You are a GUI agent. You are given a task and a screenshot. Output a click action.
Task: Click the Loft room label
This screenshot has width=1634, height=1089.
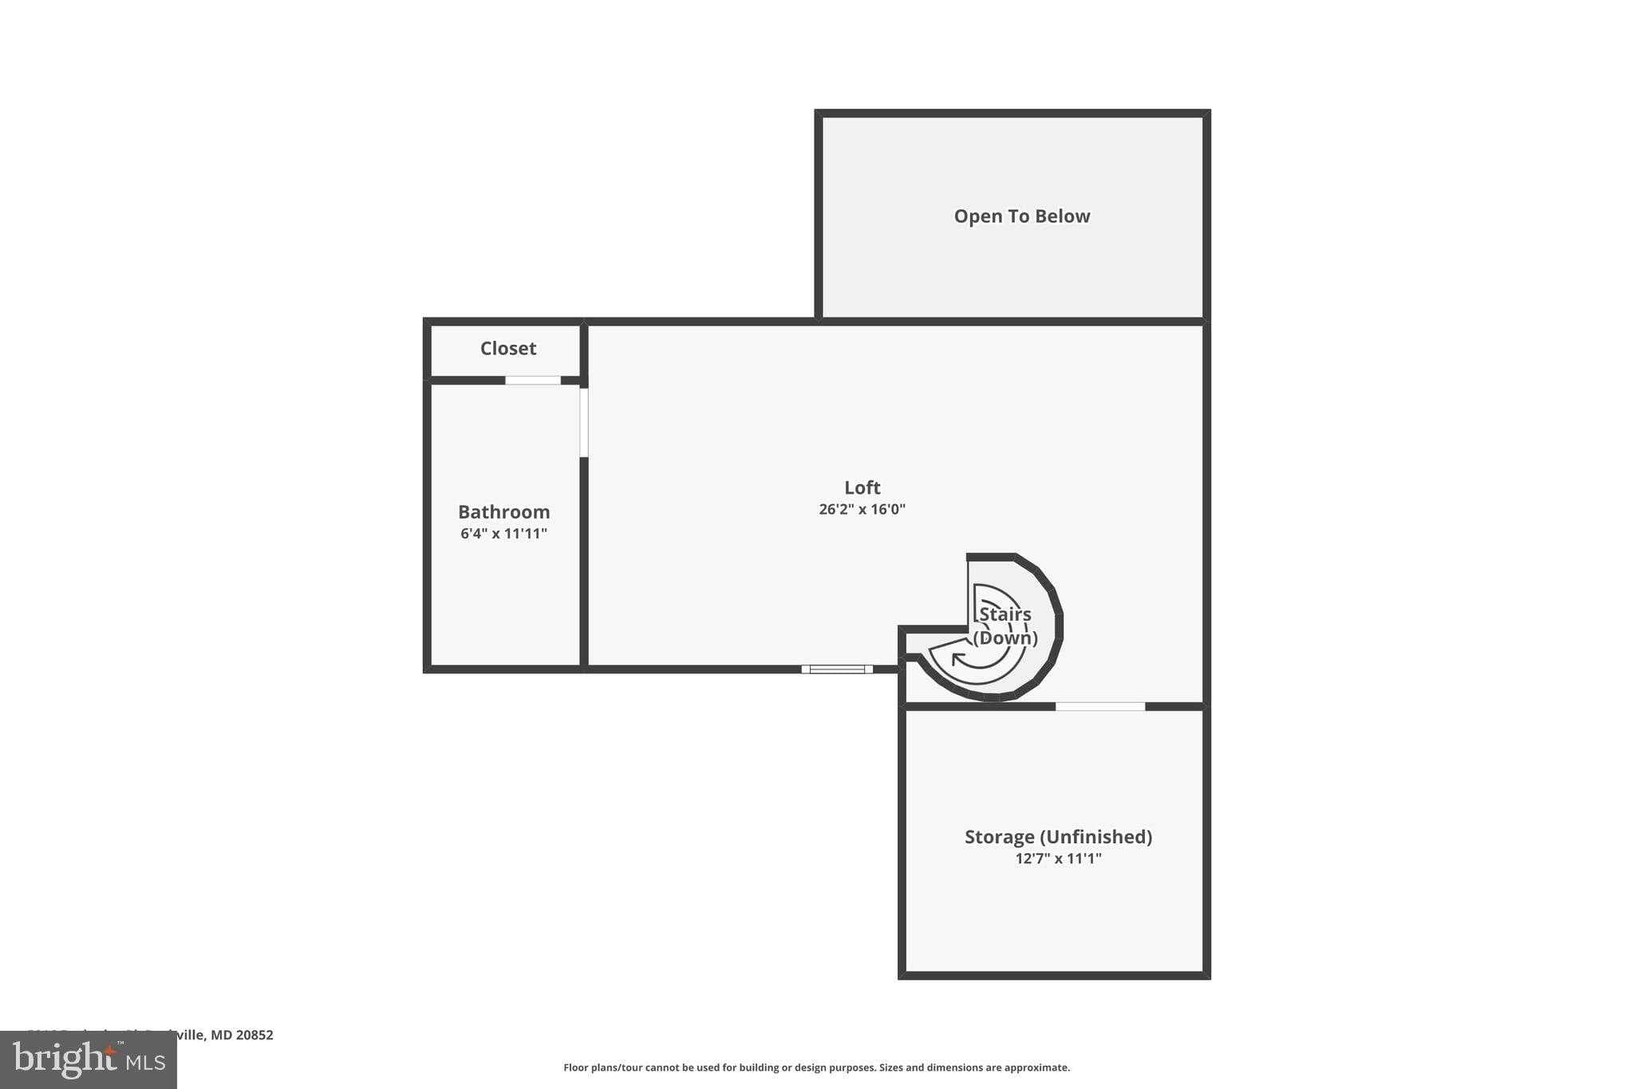pos(862,487)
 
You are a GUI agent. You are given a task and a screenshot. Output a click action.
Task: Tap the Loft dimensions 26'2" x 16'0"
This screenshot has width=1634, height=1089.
pos(862,509)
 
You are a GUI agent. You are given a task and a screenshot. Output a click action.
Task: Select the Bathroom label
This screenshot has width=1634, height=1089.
pos(503,511)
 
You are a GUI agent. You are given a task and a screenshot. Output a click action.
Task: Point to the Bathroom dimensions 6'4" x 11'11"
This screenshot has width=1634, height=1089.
pos(503,533)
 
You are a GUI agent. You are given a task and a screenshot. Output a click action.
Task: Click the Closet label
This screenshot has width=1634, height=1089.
pos(507,348)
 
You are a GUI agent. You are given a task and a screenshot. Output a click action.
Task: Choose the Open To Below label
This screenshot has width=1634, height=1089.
pos(1021,216)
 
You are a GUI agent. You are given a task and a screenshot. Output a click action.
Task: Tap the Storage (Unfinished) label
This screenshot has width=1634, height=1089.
pos(1058,836)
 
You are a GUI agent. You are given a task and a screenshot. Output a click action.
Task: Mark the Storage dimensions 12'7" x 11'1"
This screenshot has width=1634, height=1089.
pos(1058,858)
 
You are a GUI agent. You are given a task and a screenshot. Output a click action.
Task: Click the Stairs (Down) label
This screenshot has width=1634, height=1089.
pos(1004,625)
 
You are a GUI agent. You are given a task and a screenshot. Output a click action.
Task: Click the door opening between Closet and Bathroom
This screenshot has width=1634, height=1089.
pos(533,381)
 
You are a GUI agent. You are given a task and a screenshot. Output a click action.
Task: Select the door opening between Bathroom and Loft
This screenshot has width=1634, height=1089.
pos(583,422)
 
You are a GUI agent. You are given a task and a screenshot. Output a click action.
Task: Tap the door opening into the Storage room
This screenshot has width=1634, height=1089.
pos(1099,706)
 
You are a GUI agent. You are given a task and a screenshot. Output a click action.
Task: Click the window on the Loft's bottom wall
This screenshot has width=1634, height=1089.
pos(836,669)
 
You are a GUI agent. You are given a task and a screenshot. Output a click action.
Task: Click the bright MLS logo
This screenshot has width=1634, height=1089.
pos(89,1060)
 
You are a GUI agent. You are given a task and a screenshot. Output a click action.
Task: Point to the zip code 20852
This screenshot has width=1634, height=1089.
pos(255,1035)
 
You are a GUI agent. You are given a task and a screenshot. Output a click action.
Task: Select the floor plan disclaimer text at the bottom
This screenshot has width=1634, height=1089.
pos(816,1067)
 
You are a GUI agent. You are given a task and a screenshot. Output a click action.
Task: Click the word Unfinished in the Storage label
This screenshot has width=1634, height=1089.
pos(1096,836)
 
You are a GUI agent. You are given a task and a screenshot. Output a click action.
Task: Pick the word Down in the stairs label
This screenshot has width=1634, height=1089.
pos(1004,637)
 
